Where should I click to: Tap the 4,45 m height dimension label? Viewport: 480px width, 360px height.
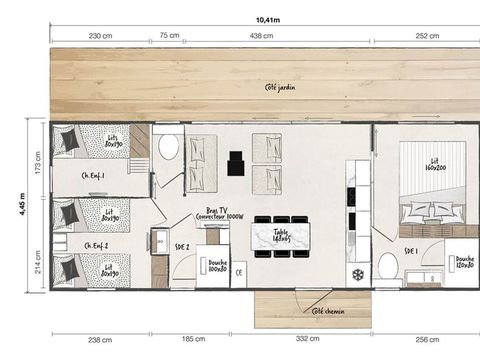point(22,205)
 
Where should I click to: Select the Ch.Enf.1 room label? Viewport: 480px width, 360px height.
point(95,176)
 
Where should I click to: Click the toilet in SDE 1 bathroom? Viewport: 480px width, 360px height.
point(387,267)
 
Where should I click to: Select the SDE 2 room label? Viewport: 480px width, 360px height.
point(183,246)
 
